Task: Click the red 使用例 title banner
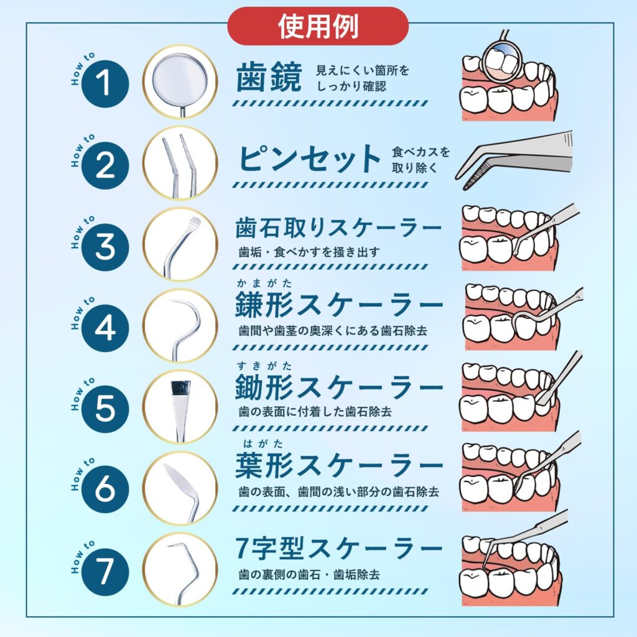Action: pos(318,26)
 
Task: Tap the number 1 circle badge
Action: pos(105,84)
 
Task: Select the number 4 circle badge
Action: pos(105,328)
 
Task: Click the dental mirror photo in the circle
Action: pos(180,81)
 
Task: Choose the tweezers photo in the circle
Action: pos(180,163)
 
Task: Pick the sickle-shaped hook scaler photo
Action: pos(180,326)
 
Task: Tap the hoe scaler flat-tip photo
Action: pos(180,407)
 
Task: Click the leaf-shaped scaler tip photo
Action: pos(180,488)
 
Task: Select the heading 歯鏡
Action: pos(269,77)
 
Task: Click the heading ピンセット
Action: pos(309,159)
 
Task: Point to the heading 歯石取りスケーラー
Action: pos(338,228)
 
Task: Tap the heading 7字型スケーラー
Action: pos(338,548)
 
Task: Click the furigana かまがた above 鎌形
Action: pos(264,283)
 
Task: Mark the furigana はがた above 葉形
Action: pos(263,444)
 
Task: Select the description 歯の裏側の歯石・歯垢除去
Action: pos(309,575)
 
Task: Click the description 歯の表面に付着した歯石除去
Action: pos(315,412)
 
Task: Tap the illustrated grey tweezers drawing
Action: pos(514,160)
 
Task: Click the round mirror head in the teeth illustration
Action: pos(502,59)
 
